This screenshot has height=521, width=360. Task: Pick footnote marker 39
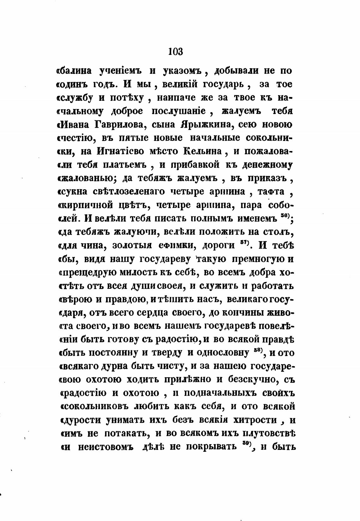point(246,444)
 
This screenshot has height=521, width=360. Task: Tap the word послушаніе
point(179,111)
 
